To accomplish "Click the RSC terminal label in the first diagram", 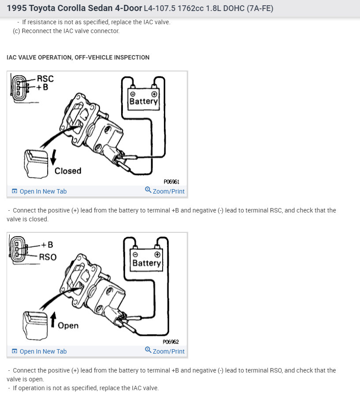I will pyautogui.click(x=45, y=79).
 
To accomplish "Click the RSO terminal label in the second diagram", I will pyautogui.click(x=48, y=257).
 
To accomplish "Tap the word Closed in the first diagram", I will pyautogui.click(x=68, y=171).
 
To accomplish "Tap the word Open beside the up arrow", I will pyautogui.click(x=68, y=325).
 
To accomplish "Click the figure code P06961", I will pyautogui.click(x=171, y=182).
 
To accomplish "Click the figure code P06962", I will pyautogui.click(x=171, y=342).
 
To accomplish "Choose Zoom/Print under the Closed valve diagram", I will pyautogui.click(x=165, y=191).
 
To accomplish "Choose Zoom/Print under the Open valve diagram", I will pyautogui.click(x=165, y=351).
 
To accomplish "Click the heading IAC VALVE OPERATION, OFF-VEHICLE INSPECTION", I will pyautogui.click(x=78, y=57).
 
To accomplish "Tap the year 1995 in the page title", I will pyautogui.click(x=17, y=8).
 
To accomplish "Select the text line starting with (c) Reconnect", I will pyautogui.click(x=66, y=31).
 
